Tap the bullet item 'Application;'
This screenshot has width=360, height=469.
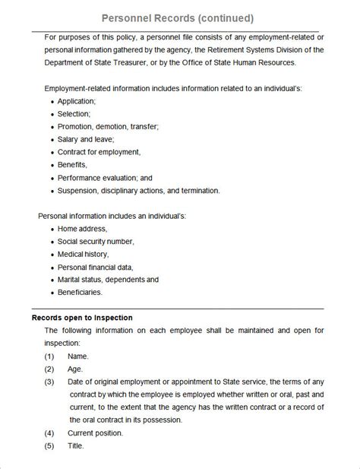pos(77,101)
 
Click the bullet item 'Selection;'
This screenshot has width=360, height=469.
pos(74,114)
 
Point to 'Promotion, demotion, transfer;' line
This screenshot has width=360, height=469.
pos(108,127)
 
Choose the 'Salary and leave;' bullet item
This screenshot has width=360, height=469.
pos(86,140)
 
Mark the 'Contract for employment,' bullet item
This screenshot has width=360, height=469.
pos(99,152)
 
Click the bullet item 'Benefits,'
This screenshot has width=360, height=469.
pos(73,164)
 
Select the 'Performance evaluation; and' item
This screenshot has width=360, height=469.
pos(105,177)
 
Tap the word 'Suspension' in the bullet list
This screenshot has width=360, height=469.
pos(79,190)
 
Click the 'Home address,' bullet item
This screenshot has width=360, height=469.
pos(82,229)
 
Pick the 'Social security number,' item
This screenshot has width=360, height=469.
pos(96,241)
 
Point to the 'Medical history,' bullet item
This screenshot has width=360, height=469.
pos(83,254)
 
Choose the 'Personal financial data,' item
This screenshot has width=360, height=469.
pos(95,267)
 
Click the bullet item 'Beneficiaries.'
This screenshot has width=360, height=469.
pos(80,291)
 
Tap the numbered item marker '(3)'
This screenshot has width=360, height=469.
pos(49,382)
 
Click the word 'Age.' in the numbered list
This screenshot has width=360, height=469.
pos(75,369)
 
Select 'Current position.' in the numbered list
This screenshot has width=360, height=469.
pos(95,433)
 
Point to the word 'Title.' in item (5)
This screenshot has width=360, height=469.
pos(76,445)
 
